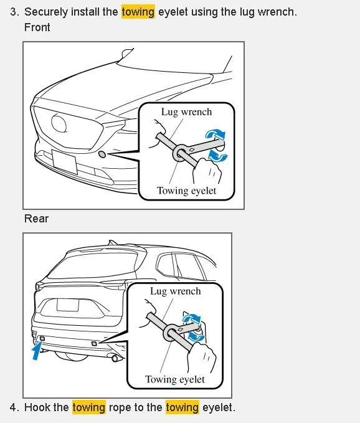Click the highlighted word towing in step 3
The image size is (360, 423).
click(138, 12)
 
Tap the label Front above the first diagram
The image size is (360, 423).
click(37, 27)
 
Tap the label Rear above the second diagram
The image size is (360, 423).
click(36, 219)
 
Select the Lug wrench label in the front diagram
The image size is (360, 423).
click(186, 112)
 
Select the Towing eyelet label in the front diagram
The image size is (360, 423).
click(186, 191)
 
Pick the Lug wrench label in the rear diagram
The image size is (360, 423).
click(175, 291)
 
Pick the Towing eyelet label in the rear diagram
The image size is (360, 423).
click(174, 379)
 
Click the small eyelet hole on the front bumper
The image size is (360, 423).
click(102, 153)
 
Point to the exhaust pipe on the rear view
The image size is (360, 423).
click(115, 359)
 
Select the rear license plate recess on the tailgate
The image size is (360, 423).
click(67, 305)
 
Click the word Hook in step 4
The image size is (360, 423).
click(37, 407)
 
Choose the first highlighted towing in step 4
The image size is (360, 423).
click(89, 407)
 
